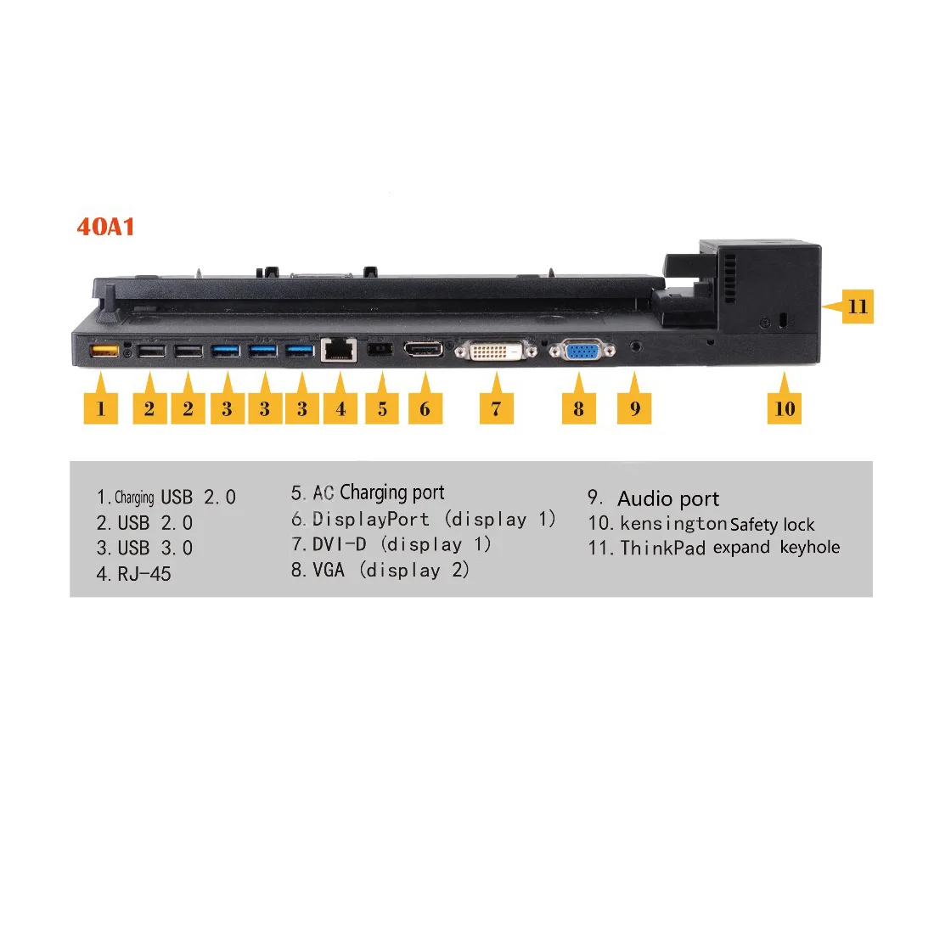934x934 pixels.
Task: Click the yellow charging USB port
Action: (x=104, y=350)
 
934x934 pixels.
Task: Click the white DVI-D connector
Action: (x=496, y=350)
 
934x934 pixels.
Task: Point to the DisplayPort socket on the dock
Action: (x=424, y=349)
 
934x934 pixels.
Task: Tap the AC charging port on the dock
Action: (x=380, y=349)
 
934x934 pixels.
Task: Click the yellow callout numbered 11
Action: (x=858, y=307)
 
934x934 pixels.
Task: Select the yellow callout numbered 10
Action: (x=785, y=408)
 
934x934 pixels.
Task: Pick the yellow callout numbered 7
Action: (x=496, y=408)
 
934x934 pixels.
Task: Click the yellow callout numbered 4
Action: (x=340, y=408)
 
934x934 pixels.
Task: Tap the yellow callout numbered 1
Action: (x=101, y=408)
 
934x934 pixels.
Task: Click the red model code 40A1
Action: (x=105, y=227)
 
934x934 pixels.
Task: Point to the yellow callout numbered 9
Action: (x=635, y=408)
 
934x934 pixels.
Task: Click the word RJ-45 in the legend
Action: (x=144, y=574)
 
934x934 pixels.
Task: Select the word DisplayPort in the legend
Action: (x=371, y=519)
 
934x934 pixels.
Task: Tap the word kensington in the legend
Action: (x=673, y=524)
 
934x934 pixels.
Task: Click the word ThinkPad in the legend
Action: (x=663, y=548)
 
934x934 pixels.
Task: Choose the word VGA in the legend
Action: (x=329, y=570)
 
